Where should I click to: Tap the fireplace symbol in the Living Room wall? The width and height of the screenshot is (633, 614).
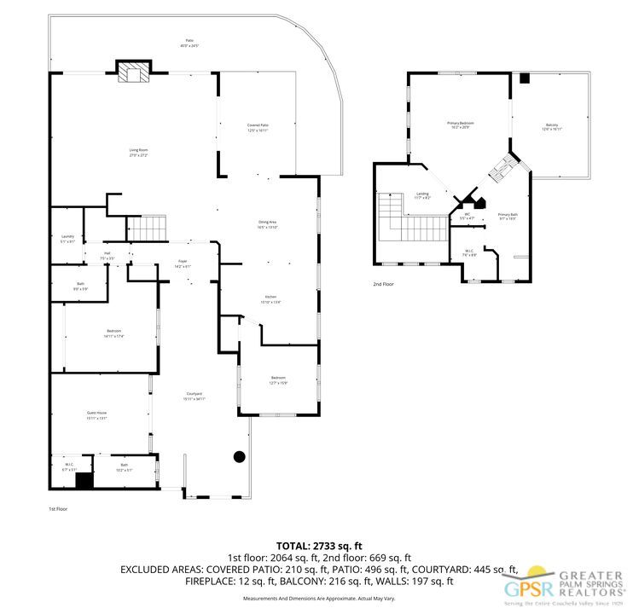(133, 73)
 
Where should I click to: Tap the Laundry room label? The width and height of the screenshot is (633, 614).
(67, 239)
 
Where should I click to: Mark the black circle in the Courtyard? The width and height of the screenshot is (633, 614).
(240, 456)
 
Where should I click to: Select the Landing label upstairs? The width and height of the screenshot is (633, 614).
(422, 194)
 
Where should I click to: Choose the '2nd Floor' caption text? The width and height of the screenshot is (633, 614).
(384, 284)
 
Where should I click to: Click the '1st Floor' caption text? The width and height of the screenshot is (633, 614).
(58, 508)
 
